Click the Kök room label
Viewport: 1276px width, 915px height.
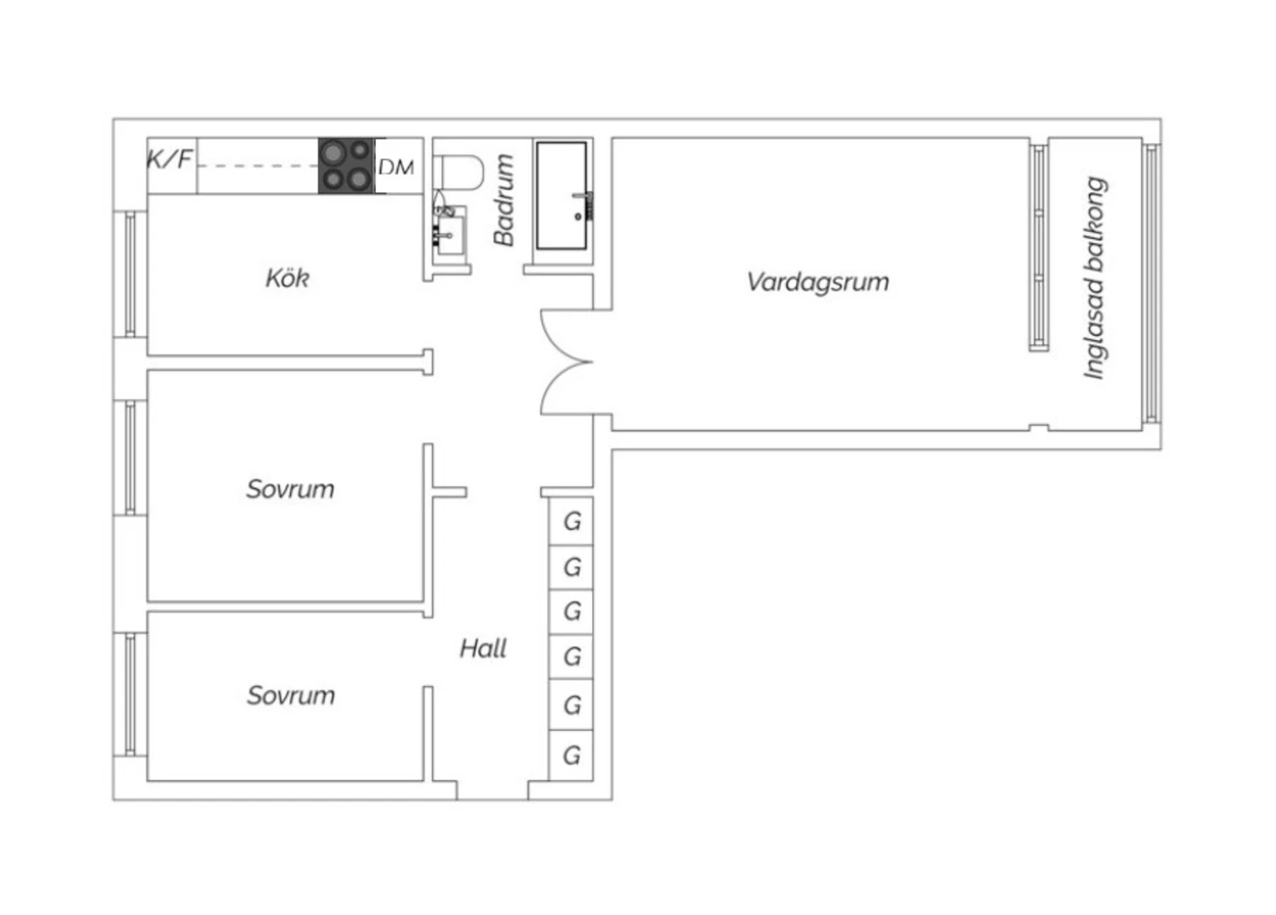tap(288, 278)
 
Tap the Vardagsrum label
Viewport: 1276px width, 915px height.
tap(818, 282)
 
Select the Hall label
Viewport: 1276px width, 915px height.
tap(483, 649)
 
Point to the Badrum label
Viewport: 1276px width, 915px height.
tap(504, 200)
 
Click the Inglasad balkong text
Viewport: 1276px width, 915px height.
tap(1095, 278)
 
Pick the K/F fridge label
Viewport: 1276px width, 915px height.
tap(169, 159)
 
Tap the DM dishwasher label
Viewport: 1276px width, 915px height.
tap(396, 168)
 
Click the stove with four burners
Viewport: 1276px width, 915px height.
tap(346, 166)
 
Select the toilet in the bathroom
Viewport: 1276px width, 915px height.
tap(458, 172)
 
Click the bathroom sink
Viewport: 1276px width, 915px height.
tap(450, 230)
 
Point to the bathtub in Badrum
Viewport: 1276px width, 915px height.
tap(562, 196)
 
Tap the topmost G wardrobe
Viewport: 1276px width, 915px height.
tap(572, 521)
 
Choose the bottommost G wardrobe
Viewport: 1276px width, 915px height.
tap(572, 756)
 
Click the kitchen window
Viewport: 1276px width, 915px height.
tap(130, 274)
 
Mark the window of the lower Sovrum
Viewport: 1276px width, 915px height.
tap(130, 695)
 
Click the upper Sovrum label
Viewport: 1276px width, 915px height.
tap(290, 489)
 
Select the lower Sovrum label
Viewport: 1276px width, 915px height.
tap(291, 696)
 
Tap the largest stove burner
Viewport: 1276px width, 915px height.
tap(333, 153)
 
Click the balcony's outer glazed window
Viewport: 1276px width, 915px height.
tap(1151, 283)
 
